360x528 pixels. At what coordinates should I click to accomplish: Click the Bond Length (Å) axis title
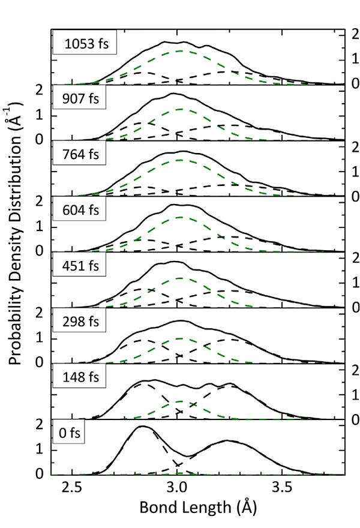(198, 508)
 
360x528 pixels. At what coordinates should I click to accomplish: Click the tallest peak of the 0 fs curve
(142, 427)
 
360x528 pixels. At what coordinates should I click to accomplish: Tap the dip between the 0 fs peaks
(188, 456)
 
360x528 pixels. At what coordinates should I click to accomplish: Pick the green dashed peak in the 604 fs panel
(180, 217)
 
